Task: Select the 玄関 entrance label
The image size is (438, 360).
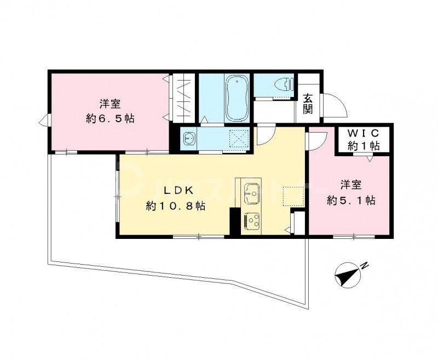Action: pos(308,104)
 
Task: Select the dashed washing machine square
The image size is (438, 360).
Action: pos(237,138)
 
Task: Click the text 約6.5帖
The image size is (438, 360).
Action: pos(110,118)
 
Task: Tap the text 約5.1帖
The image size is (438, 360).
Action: pos(351,201)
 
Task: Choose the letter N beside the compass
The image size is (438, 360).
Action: pos(365,267)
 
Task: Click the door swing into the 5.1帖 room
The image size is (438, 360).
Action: pos(316,141)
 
